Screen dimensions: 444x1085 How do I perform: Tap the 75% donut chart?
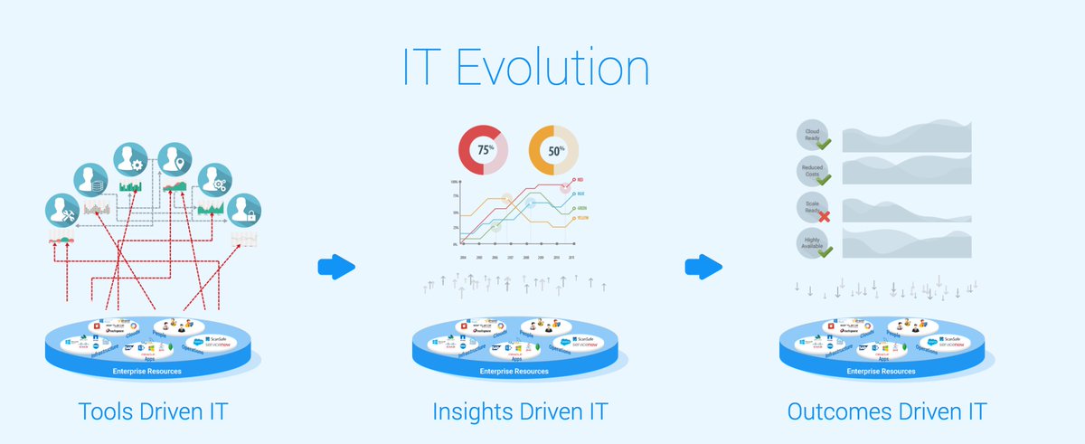pyautogui.click(x=484, y=150)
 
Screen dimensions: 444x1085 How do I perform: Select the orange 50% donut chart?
pyautogui.click(x=553, y=150)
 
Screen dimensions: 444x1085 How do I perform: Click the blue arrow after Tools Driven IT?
pyautogui.click(x=337, y=267)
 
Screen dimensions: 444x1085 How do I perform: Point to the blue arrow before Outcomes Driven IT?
pyautogui.click(x=704, y=267)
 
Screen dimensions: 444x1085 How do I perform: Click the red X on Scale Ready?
pyautogui.click(x=824, y=216)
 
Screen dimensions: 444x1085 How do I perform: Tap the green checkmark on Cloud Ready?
pyautogui.click(x=824, y=143)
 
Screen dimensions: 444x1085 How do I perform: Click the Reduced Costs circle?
pyautogui.click(x=812, y=170)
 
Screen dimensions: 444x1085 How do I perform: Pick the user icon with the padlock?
pyautogui.click(x=242, y=212)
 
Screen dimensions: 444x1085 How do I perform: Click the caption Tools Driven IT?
pyautogui.click(x=153, y=412)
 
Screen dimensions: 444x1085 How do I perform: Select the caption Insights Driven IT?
pyautogui.click(x=519, y=412)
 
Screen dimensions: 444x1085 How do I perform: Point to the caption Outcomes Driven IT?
pyautogui.click(x=887, y=412)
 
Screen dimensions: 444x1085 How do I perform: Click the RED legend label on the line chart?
pyautogui.click(x=580, y=180)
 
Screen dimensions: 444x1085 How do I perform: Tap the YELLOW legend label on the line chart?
pyautogui.click(x=582, y=218)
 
